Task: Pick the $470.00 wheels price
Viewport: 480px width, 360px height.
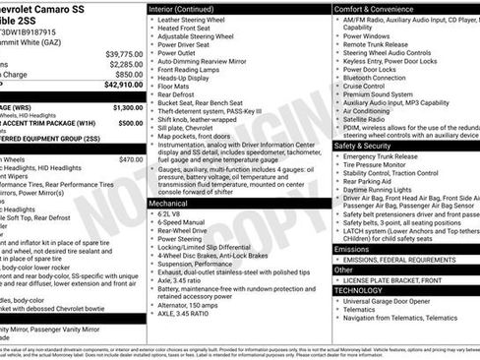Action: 131,158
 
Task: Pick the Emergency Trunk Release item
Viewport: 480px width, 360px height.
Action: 390,156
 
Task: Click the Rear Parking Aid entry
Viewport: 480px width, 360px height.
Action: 371,180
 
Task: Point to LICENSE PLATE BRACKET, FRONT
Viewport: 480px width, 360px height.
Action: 400,280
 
